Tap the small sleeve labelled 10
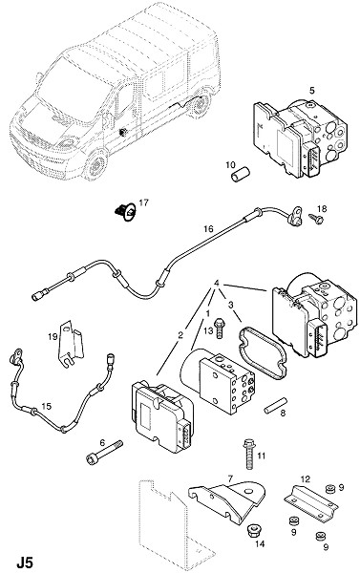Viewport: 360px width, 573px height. point(240,174)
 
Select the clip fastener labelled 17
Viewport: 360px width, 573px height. point(125,212)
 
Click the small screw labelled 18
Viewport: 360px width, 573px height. point(316,220)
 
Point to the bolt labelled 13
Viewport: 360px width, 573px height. point(220,329)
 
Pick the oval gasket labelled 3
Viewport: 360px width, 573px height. point(263,353)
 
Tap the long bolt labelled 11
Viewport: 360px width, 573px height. point(249,454)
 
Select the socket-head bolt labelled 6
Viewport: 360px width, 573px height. point(104,451)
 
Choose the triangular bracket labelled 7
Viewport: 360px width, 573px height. point(227,499)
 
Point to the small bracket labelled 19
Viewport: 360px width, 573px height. point(70,344)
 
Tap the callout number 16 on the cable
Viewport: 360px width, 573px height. point(208,229)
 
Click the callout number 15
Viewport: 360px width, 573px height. point(47,406)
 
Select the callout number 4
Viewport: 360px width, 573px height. point(217,283)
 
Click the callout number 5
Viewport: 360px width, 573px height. point(311,91)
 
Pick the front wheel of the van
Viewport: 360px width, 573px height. point(95,165)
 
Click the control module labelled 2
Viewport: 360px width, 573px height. point(162,416)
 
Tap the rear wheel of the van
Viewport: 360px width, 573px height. point(200,104)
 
